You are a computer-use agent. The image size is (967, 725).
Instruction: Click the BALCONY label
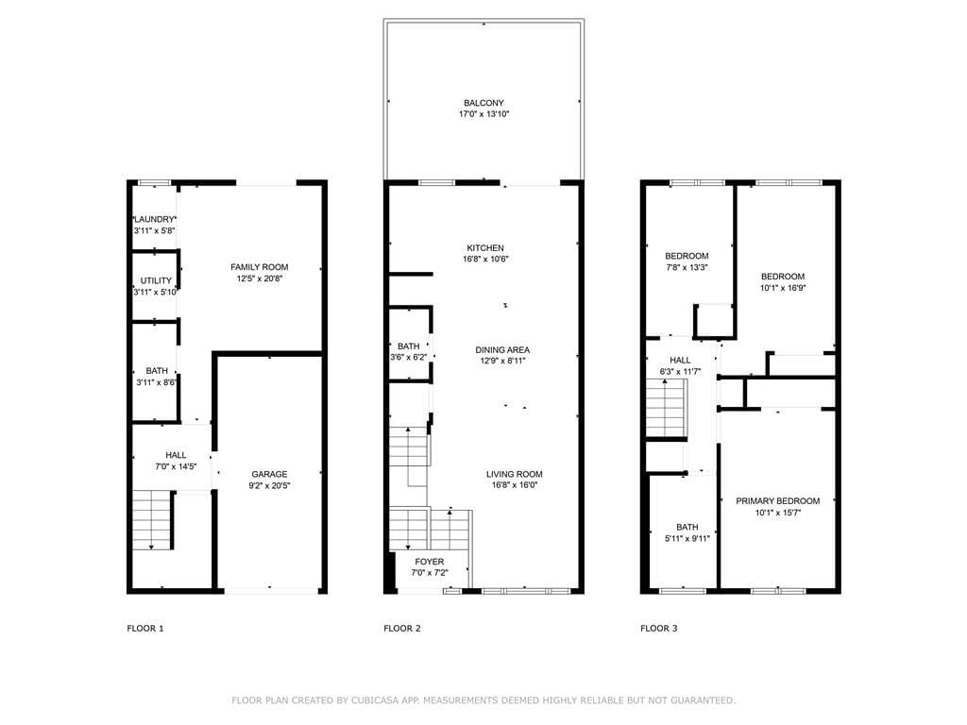point(483,103)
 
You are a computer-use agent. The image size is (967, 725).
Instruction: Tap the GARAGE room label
point(269,474)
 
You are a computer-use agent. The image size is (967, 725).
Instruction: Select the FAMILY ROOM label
point(259,267)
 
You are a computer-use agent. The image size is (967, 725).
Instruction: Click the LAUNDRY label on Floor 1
point(155,219)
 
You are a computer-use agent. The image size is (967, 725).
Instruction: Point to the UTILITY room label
point(156,281)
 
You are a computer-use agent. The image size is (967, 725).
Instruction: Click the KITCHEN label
point(484,248)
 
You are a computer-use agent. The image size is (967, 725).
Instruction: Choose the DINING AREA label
point(501,349)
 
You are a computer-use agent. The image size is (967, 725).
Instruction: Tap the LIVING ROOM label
point(515,474)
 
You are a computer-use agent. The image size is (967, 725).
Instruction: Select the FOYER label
point(429,562)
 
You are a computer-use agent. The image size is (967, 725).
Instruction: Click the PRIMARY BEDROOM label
point(777,501)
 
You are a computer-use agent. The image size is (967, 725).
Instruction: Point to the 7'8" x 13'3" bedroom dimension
point(687,267)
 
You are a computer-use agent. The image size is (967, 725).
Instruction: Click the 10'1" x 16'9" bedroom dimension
point(783,288)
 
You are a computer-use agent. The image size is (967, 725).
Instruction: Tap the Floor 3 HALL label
point(680,361)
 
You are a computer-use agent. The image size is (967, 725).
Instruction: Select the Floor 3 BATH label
point(687,528)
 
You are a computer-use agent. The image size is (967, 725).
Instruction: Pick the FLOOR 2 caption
point(402,628)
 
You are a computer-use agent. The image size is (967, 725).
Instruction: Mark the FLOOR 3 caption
point(658,628)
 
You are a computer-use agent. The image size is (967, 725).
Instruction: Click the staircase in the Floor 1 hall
point(151,520)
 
